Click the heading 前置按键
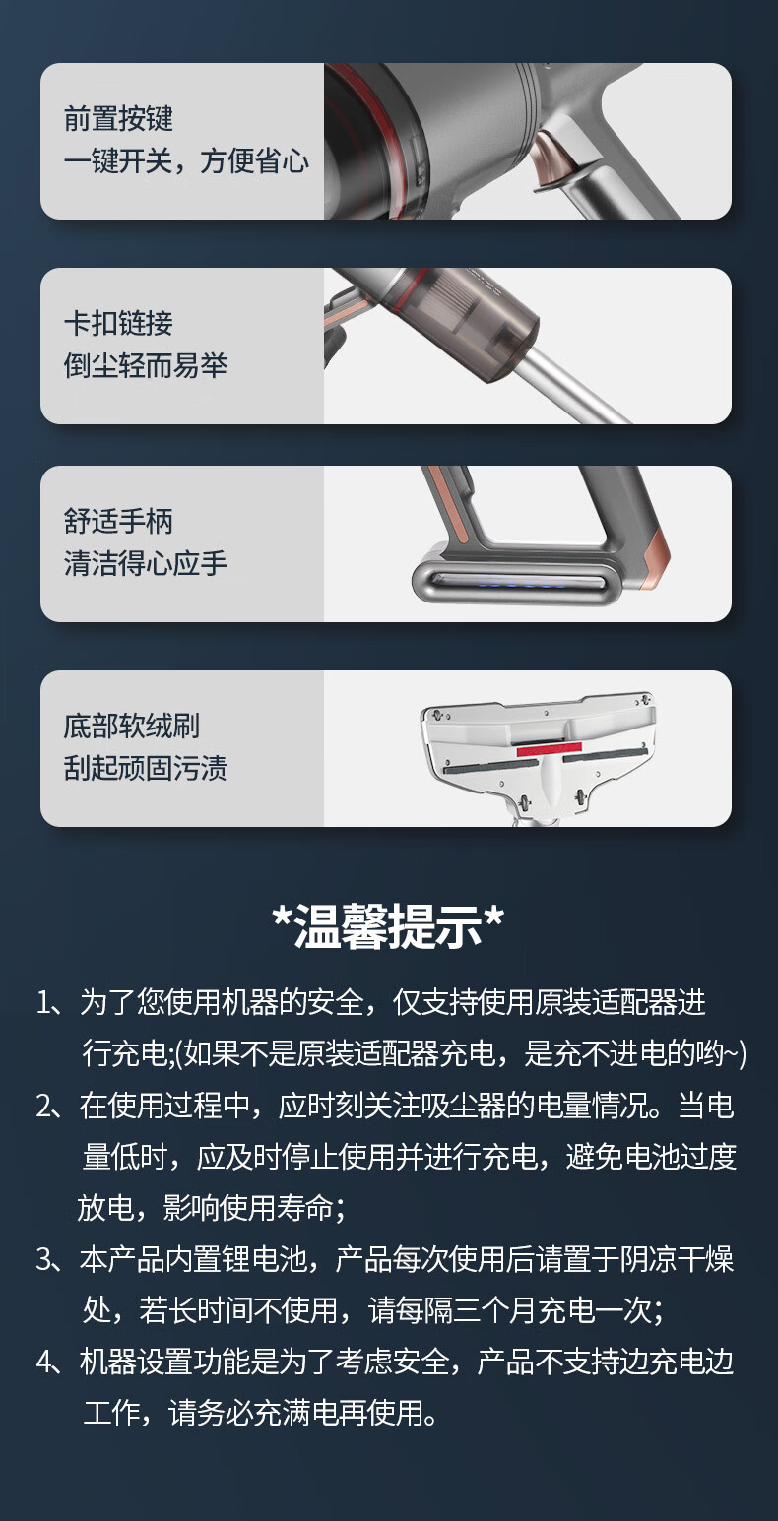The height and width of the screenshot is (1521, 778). [118, 118]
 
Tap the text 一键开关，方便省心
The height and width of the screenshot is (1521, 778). [186, 160]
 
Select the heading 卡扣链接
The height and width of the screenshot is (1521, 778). [118, 323]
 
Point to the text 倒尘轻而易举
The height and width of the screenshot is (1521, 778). [146, 365]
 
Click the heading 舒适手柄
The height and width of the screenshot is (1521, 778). [118, 521]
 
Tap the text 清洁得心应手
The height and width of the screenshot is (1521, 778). [146, 563]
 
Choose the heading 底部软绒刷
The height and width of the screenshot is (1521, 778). [132, 726]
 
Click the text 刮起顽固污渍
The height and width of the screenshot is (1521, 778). [146, 768]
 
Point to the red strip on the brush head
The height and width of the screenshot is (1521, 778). [549, 749]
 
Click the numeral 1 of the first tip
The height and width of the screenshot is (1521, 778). [43, 1003]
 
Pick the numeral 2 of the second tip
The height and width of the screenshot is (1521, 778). [44, 1107]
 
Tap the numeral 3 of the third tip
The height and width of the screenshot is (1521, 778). [44, 1259]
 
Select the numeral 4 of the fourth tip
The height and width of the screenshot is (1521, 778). [44, 1363]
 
